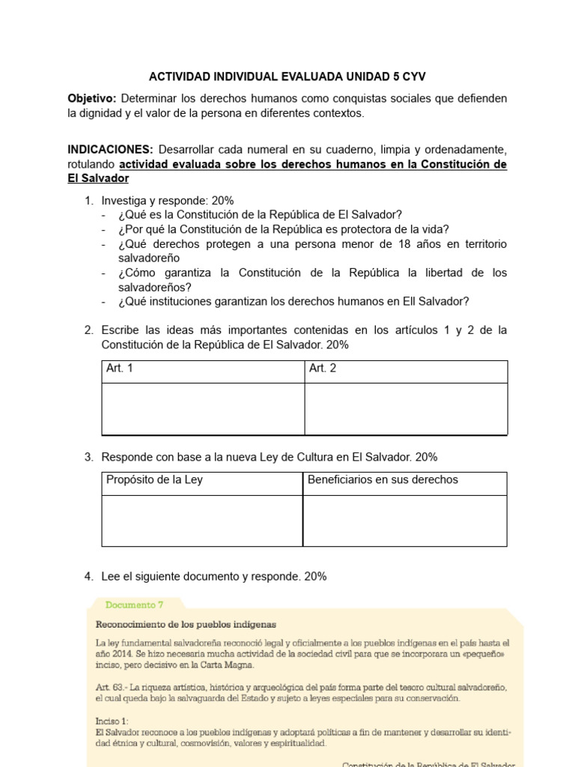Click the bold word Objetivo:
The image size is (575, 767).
tap(91, 99)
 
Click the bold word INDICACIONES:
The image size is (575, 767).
tap(110, 149)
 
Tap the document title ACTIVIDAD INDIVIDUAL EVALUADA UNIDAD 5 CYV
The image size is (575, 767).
tap(287, 76)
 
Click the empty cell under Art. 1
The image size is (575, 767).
tap(203, 409)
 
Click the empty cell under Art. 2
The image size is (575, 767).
tap(406, 409)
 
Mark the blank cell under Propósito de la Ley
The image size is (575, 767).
tap(202, 521)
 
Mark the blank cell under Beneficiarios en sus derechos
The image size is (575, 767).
tap(404, 521)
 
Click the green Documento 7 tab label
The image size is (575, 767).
tap(134, 604)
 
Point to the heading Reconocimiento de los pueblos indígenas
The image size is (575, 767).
tap(186, 624)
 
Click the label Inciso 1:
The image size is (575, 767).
tap(112, 721)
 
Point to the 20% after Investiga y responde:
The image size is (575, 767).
tap(222, 201)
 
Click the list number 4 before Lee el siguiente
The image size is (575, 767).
tap(88, 577)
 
